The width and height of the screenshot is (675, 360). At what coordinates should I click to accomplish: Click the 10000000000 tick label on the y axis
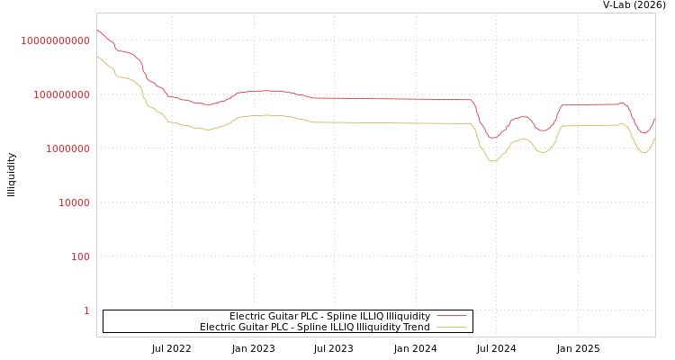pyautogui.click(x=55, y=40)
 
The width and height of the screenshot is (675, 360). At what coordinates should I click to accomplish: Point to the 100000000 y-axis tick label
pyautogui.click(x=60, y=94)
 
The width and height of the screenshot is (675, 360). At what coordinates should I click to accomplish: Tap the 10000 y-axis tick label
pyautogui.click(x=74, y=202)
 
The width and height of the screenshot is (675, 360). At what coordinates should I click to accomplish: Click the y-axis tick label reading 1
pyautogui.click(x=86, y=310)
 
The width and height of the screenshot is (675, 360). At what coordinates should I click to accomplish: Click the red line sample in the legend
pyautogui.click(x=451, y=316)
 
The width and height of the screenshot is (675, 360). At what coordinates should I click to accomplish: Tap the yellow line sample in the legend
pyautogui.click(x=451, y=327)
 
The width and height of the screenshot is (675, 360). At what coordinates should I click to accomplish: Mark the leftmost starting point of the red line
pyautogui.click(x=97, y=31)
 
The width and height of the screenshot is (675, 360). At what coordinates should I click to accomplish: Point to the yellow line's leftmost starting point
pyautogui.click(x=97, y=56)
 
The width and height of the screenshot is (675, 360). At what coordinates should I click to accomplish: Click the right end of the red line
pyautogui.click(x=654, y=118)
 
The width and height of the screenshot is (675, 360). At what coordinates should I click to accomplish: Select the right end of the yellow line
pyautogui.click(x=654, y=138)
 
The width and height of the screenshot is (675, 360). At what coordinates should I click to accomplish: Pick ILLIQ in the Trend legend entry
pyautogui.click(x=346, y=327)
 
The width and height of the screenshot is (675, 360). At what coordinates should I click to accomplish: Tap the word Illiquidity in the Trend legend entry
pyautogui.click(x=381, y=327)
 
